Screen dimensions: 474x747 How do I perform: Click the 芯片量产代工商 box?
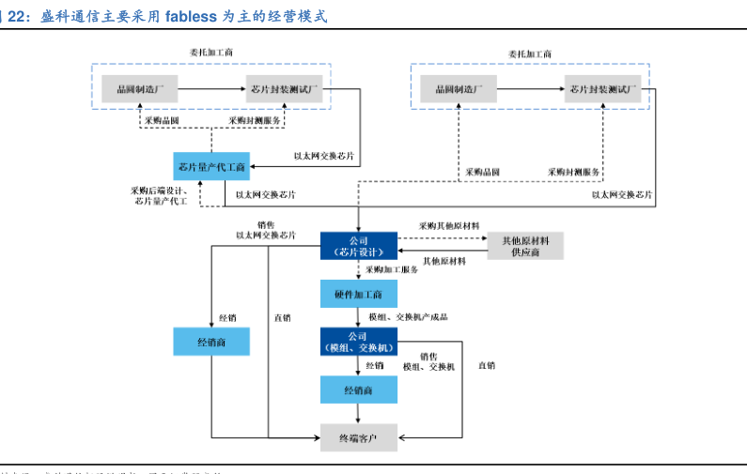(211, 167)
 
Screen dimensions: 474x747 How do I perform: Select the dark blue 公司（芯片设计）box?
(357, 246)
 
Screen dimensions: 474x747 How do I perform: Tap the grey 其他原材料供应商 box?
(524, 246)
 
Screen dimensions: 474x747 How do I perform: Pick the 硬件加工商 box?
(357, 295)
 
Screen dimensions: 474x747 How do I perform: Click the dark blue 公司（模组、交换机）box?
(357, 342)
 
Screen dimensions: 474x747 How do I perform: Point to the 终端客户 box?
(357, 436)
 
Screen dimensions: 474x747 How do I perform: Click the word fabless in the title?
(192, 16)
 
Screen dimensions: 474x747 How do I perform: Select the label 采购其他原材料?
(449, 226)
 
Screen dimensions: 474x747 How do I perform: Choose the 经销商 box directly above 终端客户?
(357, 390)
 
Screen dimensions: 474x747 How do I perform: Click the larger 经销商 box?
(211, 342)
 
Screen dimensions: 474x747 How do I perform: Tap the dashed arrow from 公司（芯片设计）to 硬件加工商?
(357, 270)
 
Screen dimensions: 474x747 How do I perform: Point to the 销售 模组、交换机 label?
(428, 361)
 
